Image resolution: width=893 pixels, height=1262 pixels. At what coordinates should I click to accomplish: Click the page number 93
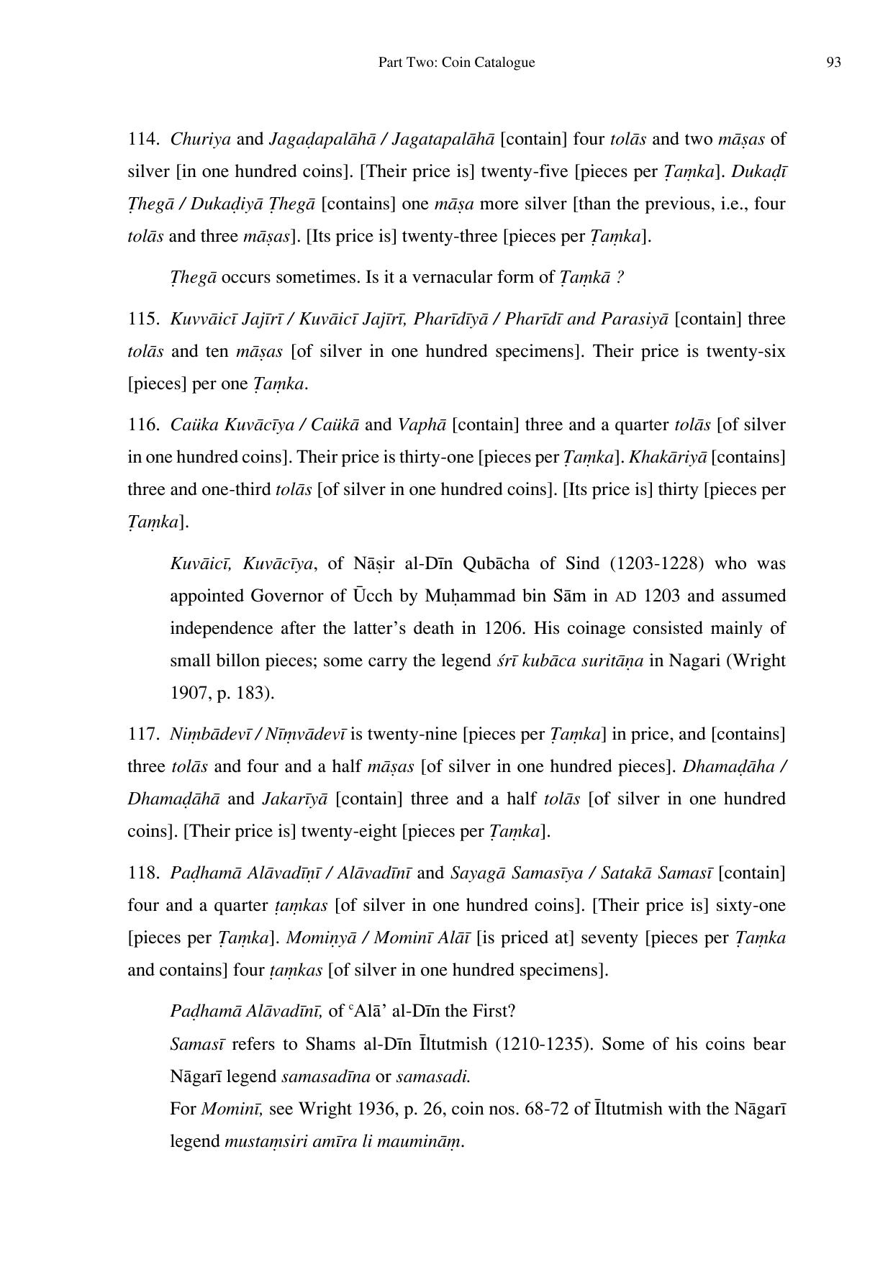833,63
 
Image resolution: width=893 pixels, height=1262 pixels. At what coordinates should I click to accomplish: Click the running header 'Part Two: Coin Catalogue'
456,63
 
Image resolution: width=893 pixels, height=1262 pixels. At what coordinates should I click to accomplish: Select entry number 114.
142,139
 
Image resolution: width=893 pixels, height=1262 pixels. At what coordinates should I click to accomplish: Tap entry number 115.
142,319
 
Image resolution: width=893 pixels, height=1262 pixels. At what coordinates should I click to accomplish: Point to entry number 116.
142,425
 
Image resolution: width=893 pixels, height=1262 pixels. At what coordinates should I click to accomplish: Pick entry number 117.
142,734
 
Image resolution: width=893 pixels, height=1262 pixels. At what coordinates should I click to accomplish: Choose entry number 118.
142,873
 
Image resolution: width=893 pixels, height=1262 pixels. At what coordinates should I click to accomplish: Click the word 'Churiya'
200,139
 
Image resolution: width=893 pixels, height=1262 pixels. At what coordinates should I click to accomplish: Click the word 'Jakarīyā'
294,799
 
